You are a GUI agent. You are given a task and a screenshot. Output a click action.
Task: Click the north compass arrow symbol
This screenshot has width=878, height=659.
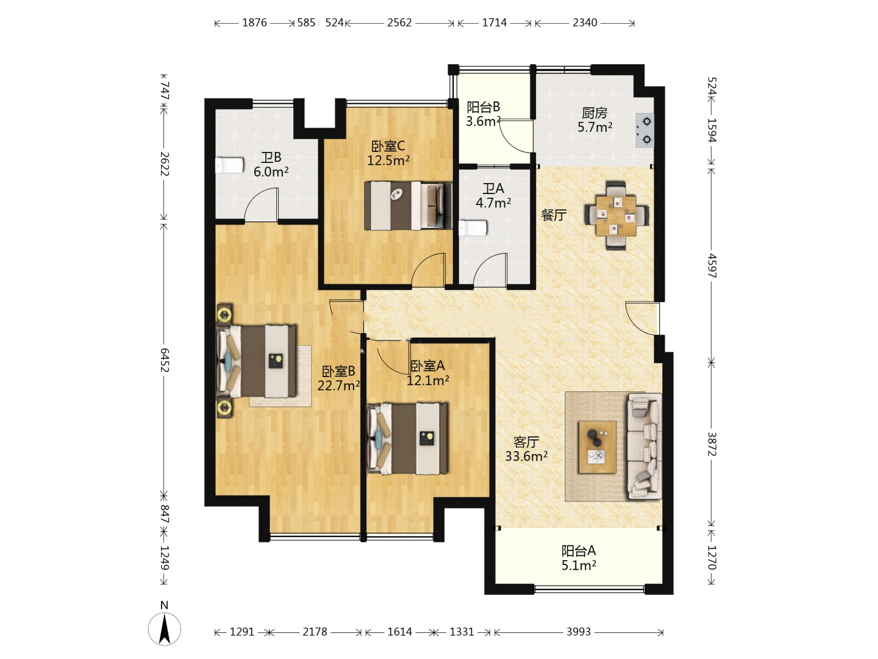[165, 628]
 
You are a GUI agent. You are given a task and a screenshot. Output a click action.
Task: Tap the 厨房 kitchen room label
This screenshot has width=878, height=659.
[594, 113]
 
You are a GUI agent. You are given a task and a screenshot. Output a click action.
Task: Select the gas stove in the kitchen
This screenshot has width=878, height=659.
[644, 131]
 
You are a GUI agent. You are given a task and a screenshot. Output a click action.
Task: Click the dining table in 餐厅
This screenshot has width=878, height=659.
[616, 215]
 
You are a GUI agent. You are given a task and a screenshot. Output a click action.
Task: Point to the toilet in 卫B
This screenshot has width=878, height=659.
[229, 165]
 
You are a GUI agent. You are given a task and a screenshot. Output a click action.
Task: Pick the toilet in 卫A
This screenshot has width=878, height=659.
[473, 228]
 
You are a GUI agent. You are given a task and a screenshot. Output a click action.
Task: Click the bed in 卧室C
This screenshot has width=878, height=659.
[408, 206]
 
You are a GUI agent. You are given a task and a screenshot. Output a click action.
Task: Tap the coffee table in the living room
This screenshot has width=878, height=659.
[597, 447]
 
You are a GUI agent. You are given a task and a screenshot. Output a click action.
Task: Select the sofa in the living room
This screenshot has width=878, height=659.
[644, 446]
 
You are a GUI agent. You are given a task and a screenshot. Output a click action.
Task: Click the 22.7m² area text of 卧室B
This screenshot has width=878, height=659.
[338, 386]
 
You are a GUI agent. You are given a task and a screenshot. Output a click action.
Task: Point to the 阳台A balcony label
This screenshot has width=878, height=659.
[579, 551]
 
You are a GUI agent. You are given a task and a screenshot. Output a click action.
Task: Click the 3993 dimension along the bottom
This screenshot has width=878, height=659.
[579, 632]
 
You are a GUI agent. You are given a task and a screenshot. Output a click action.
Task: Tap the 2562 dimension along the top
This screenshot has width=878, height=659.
[399, 23]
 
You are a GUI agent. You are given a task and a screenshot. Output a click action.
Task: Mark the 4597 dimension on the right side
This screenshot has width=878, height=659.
[712, 265]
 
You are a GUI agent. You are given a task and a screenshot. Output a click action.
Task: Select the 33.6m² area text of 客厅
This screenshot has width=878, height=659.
[526, 456]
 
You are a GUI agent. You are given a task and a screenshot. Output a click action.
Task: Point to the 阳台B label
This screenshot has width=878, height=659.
[483, 107]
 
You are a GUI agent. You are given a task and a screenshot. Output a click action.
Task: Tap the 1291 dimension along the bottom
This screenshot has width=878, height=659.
[242, 632]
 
